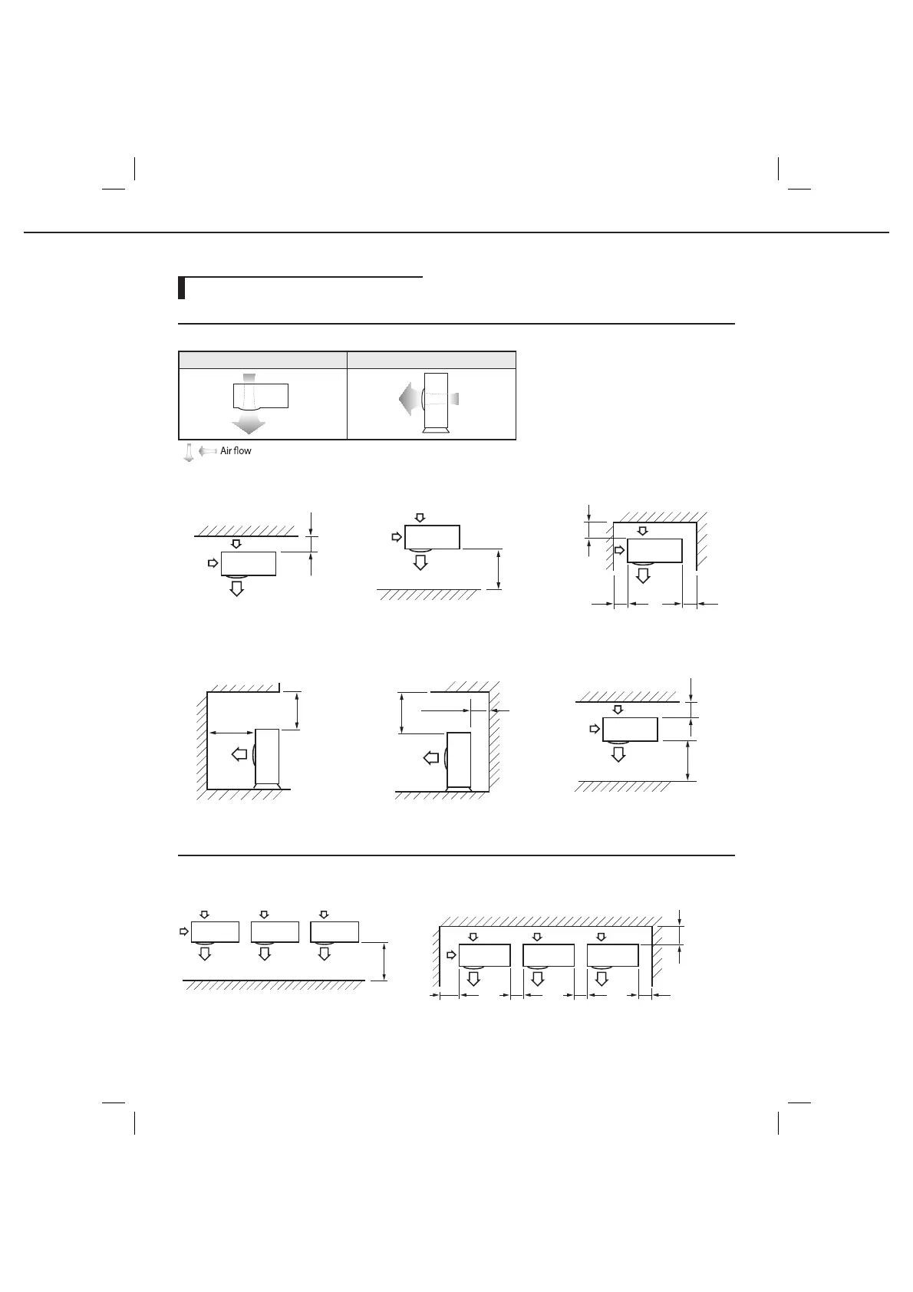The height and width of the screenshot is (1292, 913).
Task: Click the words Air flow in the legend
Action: [x=236, y=451]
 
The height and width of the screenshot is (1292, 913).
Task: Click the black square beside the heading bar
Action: [x=182, y=288]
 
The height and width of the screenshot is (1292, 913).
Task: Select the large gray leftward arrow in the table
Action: [x=407, y=399]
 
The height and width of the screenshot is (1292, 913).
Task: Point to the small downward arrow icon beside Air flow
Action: [x=188, y=452]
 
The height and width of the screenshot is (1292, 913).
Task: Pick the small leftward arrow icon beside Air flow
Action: [x=207, y=451]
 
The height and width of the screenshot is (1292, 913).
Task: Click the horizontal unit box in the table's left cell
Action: [x=261, y=396]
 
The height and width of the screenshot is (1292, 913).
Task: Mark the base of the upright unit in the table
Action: [x=435, y=433]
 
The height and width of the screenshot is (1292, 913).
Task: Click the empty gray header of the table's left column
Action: [x=262, y=360]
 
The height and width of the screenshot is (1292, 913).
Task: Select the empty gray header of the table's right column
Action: [x=431, y=360]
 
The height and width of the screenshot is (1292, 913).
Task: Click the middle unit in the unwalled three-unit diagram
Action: [x=275, y=931]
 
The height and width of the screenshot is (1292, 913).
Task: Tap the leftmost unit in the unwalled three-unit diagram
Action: [x=215, y=931]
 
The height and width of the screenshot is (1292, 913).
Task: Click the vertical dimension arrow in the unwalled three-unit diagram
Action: [x=384, y=961]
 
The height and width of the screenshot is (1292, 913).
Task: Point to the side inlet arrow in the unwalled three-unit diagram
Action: [x=183, y=931]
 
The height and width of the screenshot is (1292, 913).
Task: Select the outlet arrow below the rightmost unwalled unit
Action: [x=325, y=954]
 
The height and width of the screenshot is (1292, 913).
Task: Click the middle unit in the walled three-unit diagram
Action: [x=549, y=955]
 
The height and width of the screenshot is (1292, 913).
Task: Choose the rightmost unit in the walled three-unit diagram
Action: [x=613, y=955]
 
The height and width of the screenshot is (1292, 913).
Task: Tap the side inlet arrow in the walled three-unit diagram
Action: [x=452, y=955]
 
